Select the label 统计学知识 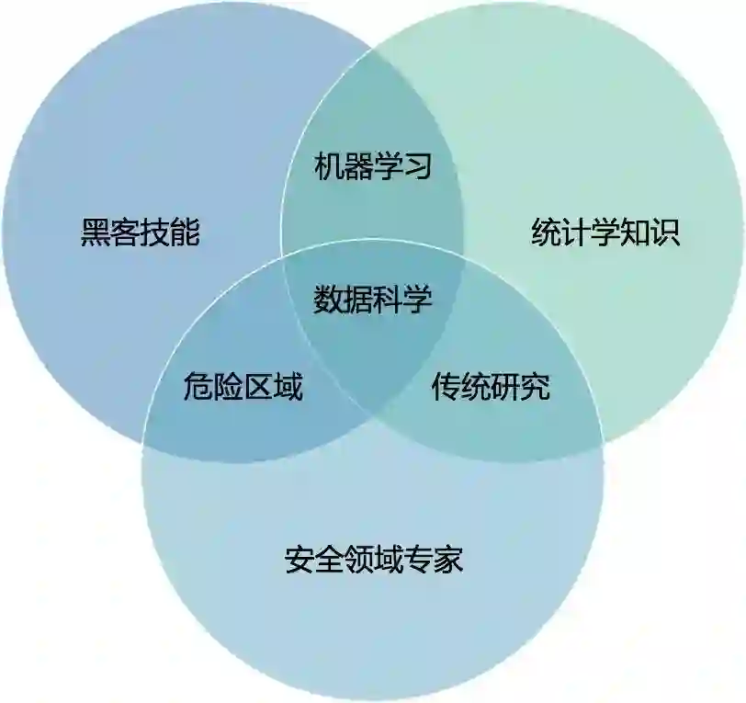pos(605,232)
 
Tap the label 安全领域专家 pos(374,558)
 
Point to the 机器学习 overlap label pos(373,166)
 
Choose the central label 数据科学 pos(373,299)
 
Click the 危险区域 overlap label pos(243,388)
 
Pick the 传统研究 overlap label pos(491,388)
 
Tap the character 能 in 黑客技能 pos(185,232)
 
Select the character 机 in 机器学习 pos(329,166)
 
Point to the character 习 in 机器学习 pos(417,166)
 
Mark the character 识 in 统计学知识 pos(665,232)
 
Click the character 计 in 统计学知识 pos(576,232)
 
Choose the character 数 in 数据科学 pos(329,299)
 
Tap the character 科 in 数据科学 pos(388,299)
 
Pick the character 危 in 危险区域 pos(198,388)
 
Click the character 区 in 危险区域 pos(257,388)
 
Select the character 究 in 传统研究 pos(535,388)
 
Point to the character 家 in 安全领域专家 pos(447,558)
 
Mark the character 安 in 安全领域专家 pos(300,558)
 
